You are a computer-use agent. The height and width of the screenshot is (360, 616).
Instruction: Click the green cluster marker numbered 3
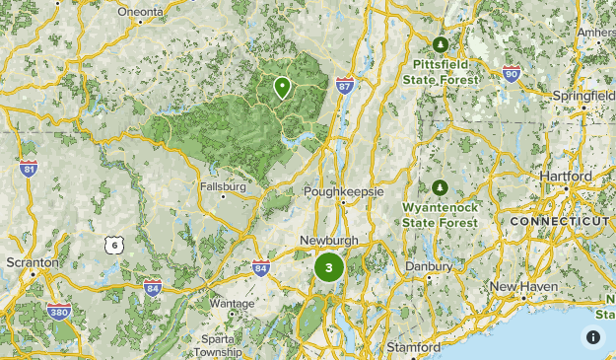pos(328,266)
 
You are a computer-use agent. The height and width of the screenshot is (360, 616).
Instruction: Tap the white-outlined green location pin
pos(283,88)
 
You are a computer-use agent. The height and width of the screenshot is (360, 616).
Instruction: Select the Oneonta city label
pos(140,11)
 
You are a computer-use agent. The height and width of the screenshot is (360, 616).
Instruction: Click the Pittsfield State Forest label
pos(440,69)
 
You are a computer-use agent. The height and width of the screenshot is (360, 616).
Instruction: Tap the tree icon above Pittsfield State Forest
pos(441,44)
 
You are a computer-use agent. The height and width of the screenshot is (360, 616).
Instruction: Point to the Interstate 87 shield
pos(344,86)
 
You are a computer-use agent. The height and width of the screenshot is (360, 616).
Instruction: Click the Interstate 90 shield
pos(510,73)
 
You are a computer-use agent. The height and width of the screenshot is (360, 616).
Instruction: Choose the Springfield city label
pos(582,97)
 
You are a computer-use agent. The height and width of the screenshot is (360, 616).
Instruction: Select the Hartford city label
pos(566,177)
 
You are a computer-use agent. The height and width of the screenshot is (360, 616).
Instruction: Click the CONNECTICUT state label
pos(559,222)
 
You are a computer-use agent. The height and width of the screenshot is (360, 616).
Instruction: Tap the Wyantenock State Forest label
pos(440,214)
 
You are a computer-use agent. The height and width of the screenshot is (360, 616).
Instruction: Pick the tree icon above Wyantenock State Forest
pos(440,187)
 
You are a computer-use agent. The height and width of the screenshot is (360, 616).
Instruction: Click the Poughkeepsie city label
pos(343,191)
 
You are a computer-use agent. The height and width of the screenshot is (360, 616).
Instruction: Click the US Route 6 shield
pos(114,244)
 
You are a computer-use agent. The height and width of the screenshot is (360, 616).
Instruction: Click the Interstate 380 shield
pos(58,313)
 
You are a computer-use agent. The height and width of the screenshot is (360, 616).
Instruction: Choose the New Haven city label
pos(524,286)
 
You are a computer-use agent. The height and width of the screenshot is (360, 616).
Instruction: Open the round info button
pos(593,336)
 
